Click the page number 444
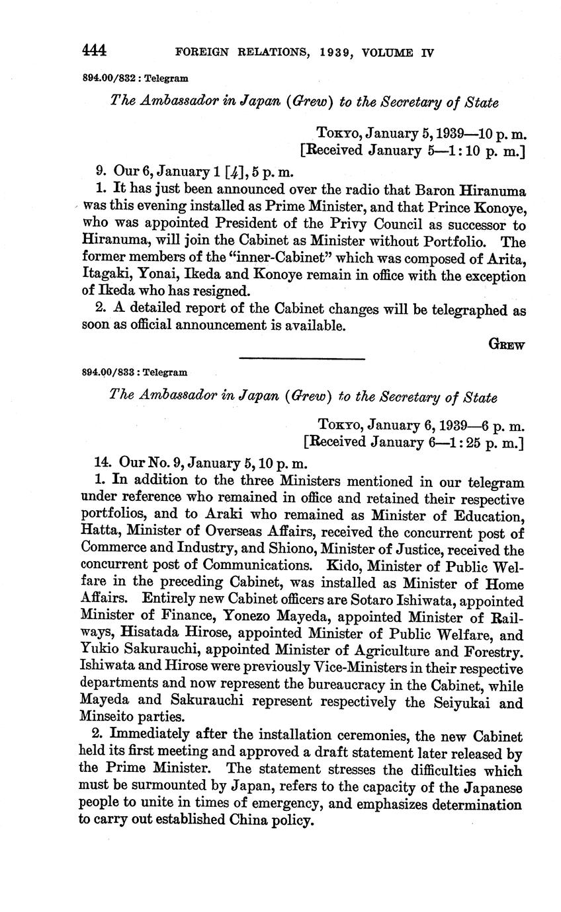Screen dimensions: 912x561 click(95, 51)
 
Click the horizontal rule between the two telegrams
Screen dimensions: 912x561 click(302, 358)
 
